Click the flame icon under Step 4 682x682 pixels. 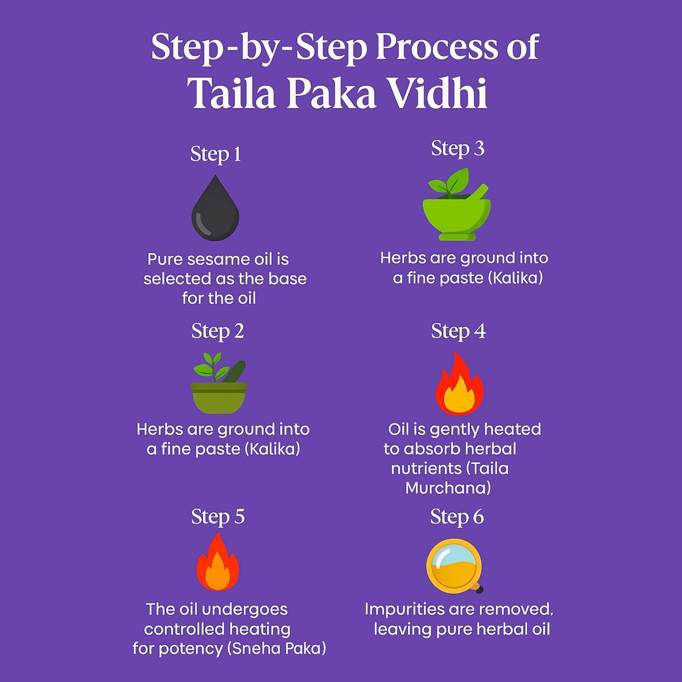pos(458,385)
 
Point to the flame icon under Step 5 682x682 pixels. pos(218,563)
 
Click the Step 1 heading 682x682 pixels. pos(216,154)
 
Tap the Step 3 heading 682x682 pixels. pos(457,149)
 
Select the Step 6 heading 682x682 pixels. pos(457,517)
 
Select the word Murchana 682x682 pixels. pos(448,488)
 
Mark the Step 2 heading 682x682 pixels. pos(218,331)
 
